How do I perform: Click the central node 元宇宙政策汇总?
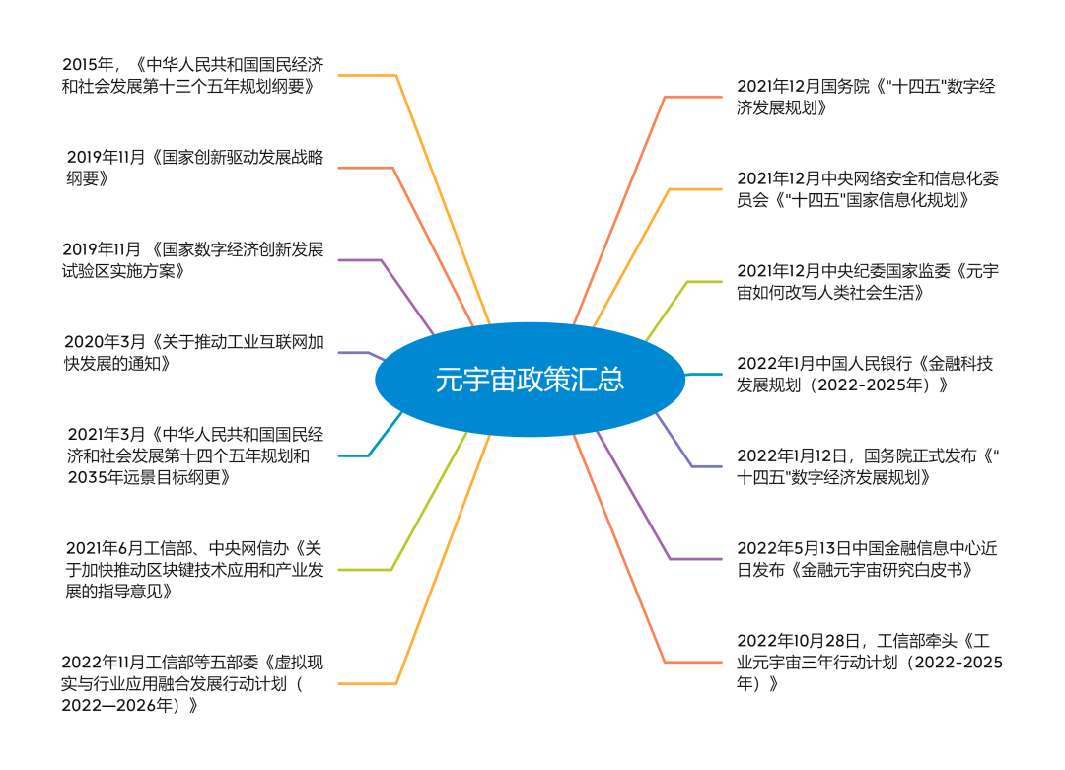pyautogui.click(x=530, y=380)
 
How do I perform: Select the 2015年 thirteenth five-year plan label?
pyautogui.click(x=192, y=75)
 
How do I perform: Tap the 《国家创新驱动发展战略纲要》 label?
pyautogui.click(x=195, y=167)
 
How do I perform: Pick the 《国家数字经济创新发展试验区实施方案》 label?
pyautogui.click(x=192, y=259)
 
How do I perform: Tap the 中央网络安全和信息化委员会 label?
pyautogui.click(x=868, y=189)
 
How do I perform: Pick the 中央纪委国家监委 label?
pyautogui.click(x=868, y=282)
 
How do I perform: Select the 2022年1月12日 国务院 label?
pyautogui.click(x=868, y=466)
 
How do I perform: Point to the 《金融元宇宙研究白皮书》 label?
pyautogui.click(x=868, y=559)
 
